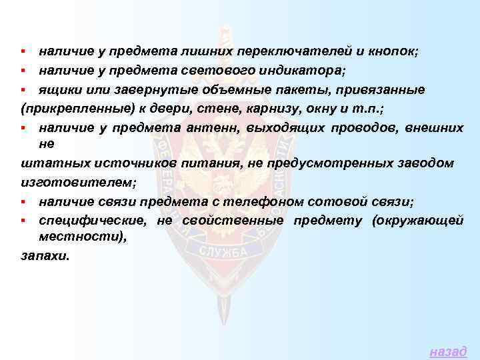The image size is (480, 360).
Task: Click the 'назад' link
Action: (x=448, y=351)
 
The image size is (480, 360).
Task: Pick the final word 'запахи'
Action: (x=43, y=257)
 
